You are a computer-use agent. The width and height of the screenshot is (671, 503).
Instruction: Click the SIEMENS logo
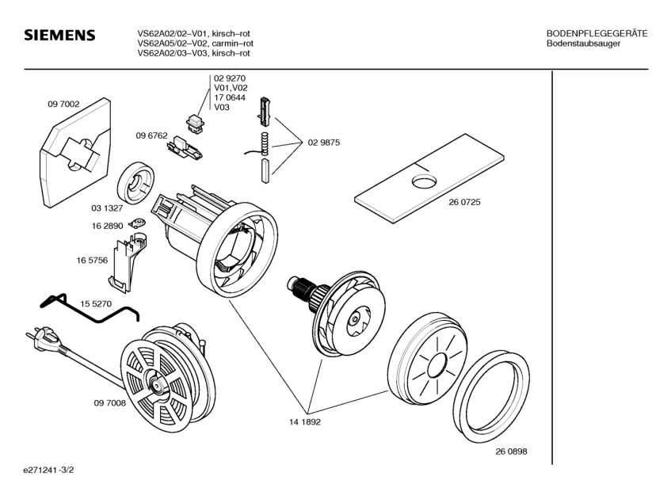pyautogui.click(x=59, y=36)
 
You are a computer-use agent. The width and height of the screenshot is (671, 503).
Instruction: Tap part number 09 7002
pyautogui.click(x=63, y=103)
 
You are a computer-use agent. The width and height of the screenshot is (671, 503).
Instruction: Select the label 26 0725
pyautogui.click(x=465, y=202)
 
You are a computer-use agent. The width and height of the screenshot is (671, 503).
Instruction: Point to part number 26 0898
pyautogui.click(x=511, y=451)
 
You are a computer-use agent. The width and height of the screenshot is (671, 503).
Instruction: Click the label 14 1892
pyautogui.click(x=304, y=422)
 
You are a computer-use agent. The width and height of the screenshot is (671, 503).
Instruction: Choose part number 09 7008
pyautogui.click(x=109, y=404)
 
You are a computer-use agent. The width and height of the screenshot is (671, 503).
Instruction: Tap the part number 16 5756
pyautogui.click(x=92, y=260)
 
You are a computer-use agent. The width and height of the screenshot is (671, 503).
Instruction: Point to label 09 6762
pyautogui.click(x=151, y=135)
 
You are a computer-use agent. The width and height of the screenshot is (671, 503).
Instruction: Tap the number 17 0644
pyautogui.click(x=229, y=97)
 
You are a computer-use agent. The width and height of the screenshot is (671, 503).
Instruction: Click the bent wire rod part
pyautogui.click(x=87, y=311)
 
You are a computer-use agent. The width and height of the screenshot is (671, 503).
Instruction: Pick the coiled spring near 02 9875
pyautogui.click(x=265, y=144)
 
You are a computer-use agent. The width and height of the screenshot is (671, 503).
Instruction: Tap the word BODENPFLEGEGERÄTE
pyautogui.click(x=597, y=33)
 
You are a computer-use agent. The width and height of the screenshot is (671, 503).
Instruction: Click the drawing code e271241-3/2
pyautogui.click(x=53, y=470)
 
